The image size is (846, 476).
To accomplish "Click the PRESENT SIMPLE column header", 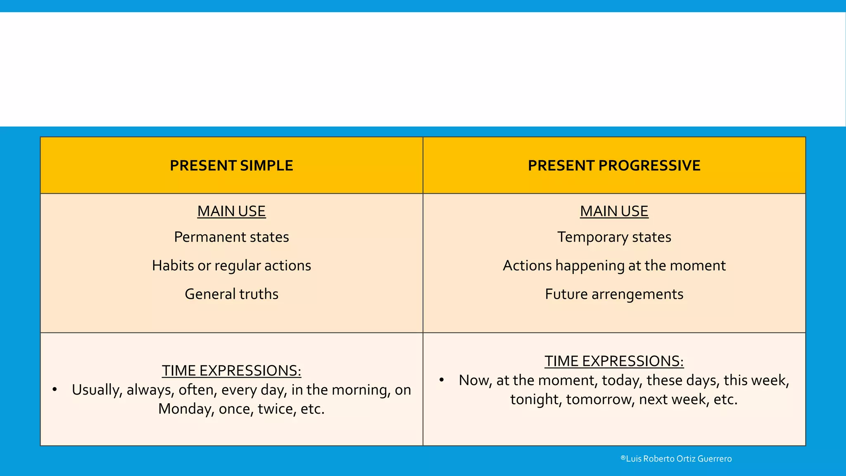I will point(231,166).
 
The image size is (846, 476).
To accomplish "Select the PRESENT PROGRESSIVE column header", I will point(614,166).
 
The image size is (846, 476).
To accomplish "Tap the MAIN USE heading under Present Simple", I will point(231,211).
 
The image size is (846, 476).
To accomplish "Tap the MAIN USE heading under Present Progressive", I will point(614,211).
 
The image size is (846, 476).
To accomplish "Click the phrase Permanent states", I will point(231,237).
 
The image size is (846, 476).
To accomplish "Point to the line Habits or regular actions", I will point(231,266).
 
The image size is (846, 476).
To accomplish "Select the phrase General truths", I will point(231,294).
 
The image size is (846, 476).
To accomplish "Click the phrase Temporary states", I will point(614,237).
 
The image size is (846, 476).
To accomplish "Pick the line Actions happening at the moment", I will point(614,266).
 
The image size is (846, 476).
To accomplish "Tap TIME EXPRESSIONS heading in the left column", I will point(231,371).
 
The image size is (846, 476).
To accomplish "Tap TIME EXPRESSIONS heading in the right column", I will point(614,361).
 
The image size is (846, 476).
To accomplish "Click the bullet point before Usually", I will point(55,389).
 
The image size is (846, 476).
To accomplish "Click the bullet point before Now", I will point(442,380).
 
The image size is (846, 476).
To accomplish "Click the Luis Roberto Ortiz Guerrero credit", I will point(676,459).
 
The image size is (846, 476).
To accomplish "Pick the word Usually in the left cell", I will point(97,390).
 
